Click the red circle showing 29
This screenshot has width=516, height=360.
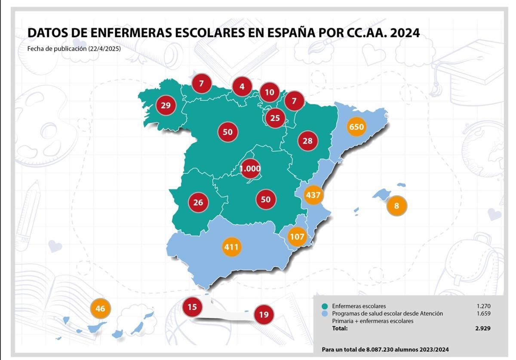point(166,105)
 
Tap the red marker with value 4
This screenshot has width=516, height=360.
point(242,86)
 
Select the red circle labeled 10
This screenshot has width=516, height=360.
point(270,92)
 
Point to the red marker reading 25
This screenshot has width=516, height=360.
point(275,118)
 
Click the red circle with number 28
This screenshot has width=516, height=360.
point(307,141)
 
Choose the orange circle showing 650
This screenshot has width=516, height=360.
point(356,127)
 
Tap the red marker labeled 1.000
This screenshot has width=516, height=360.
point(250,169)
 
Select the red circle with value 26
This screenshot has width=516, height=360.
point(198,202)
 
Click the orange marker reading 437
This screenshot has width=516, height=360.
point(313,195)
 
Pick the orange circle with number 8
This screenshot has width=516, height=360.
point(396,206)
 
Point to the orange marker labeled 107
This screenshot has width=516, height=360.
point(297,237)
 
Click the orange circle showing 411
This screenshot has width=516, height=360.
point(231,247)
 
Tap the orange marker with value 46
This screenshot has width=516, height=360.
point(100,308)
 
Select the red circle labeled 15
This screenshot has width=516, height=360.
point(192,307)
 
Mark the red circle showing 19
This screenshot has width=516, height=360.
point(264,315)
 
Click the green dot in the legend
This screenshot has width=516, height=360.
point(325,306)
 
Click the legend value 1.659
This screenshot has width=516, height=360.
point(483,314)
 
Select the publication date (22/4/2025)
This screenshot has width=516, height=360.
point(104,49)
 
